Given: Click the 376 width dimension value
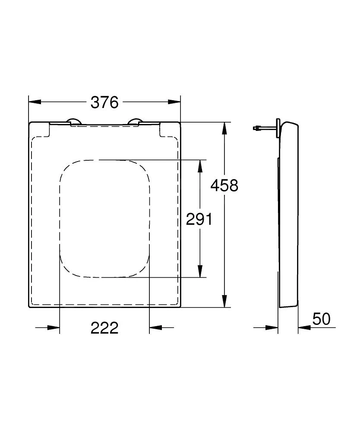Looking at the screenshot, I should pyautogui.click(x=104, y=102).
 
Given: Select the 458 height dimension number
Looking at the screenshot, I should pyautogui.click(x=224, y=185).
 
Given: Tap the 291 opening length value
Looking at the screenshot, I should pyautogui.click(x=199, y=219).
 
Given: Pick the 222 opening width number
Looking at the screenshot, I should pyautogui.click(x=104, y=328).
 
